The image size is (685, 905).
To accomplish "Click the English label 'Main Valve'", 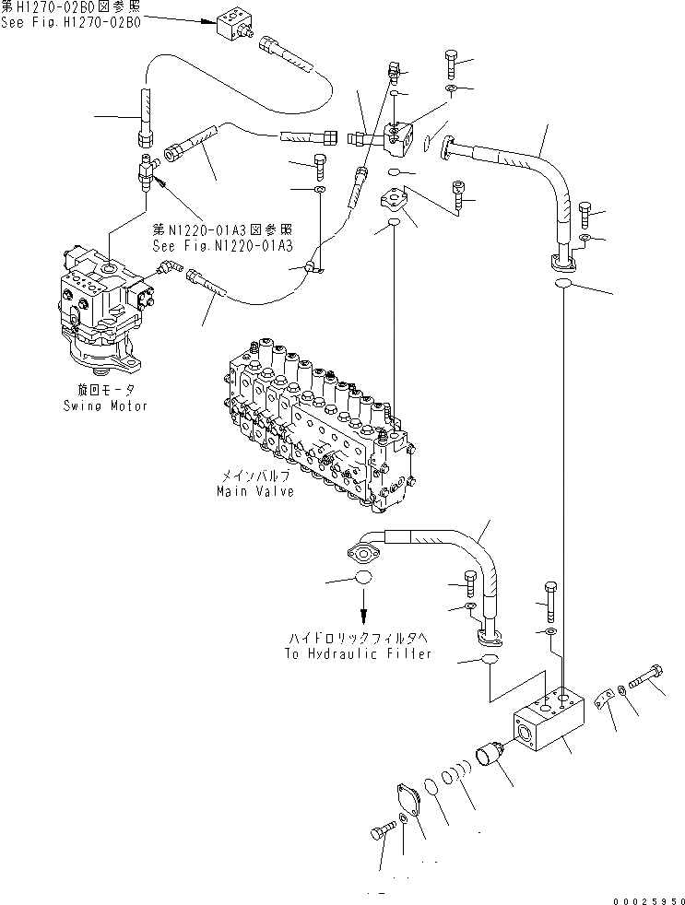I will [255, 491].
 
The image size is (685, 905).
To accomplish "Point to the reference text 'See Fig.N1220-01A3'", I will [222, 246].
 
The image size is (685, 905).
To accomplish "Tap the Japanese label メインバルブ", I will [255, 477].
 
